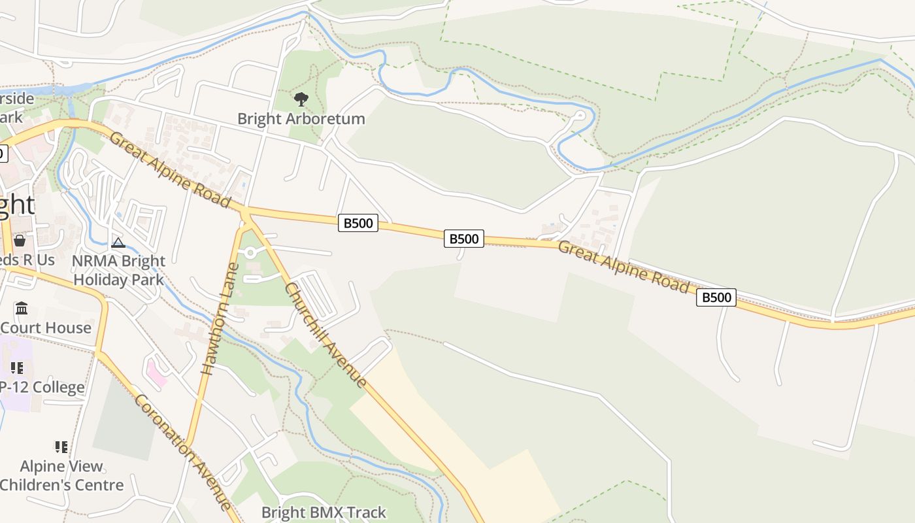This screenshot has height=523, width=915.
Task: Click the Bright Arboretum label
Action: [x=301, y=119]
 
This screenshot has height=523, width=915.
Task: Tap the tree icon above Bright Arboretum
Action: [x=301, y=99]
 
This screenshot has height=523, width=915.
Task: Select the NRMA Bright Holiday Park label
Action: [x=118, y=270]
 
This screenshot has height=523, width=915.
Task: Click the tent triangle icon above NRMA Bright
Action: [x=118, y=243]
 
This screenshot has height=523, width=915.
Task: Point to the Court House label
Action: [x=46, y=328]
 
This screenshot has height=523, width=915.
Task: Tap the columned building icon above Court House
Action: [x=21, y=308]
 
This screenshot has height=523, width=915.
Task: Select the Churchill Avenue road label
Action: [x=325, y=335]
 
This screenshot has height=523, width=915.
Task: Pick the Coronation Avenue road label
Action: [x=182, y=452]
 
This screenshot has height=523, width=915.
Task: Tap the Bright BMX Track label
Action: [x=324, y=513]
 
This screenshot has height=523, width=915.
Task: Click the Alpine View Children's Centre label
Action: [x=61, y=475]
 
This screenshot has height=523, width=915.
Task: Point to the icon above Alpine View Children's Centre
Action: [x=61, y=447]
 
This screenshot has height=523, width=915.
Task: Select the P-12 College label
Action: [x=42, y=387]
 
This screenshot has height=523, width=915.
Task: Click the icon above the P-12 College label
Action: [x=17, y=368]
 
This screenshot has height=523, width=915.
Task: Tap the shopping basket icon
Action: [x=20, y=241]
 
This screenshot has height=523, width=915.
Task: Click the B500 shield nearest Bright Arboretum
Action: [x=358, y=223]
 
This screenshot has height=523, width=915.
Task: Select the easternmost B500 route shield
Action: [x=716, y=297]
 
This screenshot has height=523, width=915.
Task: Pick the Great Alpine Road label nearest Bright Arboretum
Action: [x=170, y=170]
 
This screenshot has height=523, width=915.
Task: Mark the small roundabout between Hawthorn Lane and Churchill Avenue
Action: [x=250, y=252]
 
